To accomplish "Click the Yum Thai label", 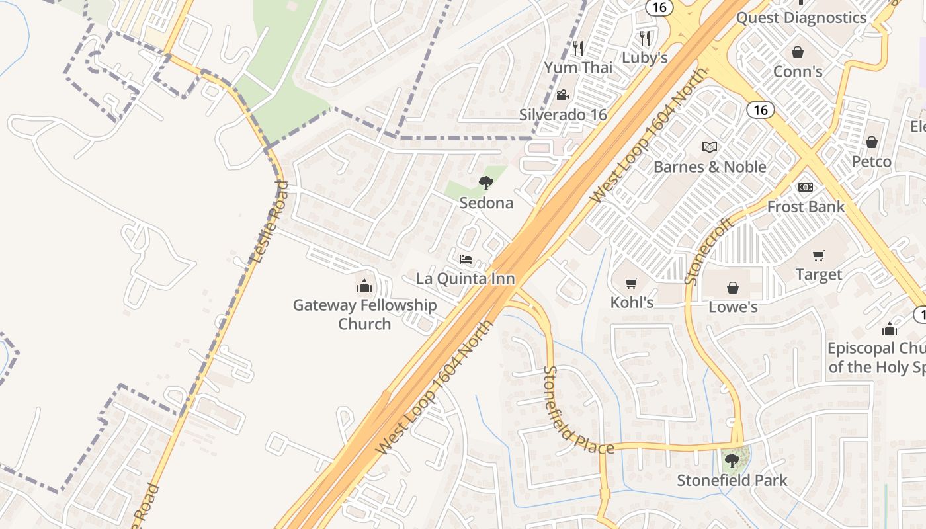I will click(x=578, y=67).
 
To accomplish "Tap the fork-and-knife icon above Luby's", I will click(x=646, y=38).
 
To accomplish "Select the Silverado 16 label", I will click(x=562, y=114).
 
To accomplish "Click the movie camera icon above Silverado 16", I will click(x=562, y=95).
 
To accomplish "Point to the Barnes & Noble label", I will click(x=710, y=167).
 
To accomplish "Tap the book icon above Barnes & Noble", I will click(x=710, y=147).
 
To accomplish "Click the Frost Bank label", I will click(x=806, y=207).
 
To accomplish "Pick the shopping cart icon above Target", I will click(x=819, y=255).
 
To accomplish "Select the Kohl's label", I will click(x=632, y=302).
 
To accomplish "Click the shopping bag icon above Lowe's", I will click(x=733, y=288).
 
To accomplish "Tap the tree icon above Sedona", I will click(x=486, y=183).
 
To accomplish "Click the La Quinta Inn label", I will click(x=465, y=278).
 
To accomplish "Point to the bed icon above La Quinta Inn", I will click(x=466, y=259).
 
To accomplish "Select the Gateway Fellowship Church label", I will click(x=364, y=314).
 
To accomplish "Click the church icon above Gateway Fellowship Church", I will click(x=364, y=286).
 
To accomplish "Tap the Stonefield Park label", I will click(x=732, y=480).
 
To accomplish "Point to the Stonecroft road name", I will click(x=710, y=252).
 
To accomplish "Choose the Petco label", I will click(x=871, y=161).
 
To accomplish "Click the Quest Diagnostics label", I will click(x=801, y=18).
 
